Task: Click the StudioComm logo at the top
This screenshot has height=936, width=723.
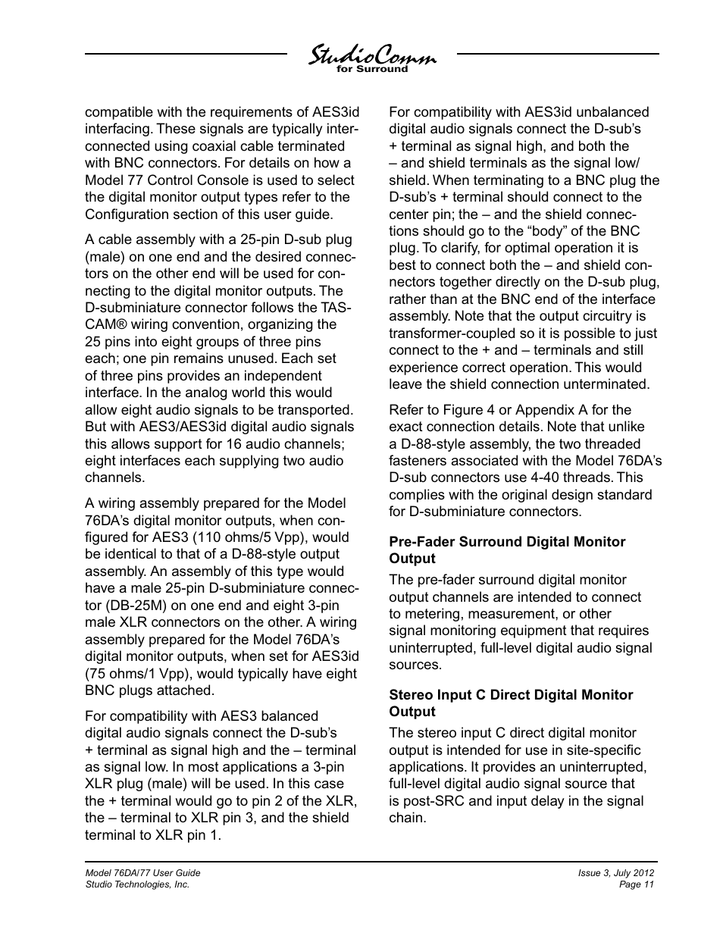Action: (x=371, y=55)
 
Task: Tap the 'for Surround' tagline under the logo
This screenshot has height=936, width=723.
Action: (x=371, y=70)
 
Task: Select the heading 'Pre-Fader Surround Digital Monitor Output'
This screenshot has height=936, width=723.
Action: (x=507, y=550)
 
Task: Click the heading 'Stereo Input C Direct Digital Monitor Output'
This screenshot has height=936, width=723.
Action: (x=511, y=703)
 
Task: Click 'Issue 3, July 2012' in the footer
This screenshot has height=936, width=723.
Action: (x=616, y=873)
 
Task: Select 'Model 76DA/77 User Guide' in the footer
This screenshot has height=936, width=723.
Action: (x=142, y=873)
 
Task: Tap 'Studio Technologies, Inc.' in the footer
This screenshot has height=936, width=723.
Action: (x=137, y=884)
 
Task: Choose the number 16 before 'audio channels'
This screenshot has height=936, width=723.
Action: (x=233, y=444)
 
